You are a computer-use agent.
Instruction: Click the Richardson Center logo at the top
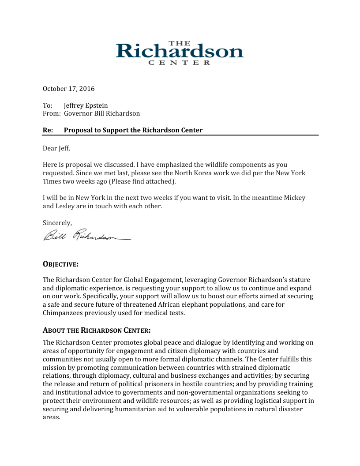point(180,53)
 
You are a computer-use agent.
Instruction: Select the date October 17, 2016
point(68,89)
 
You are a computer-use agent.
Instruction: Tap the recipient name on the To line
point(86,105)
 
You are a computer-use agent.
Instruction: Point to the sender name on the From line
point(102,113)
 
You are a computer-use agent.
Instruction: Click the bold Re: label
point(48,130)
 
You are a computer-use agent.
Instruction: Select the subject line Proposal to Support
point(133,130)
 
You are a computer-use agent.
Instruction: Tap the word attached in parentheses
point(161,181)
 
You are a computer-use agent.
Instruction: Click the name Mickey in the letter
point(295,198)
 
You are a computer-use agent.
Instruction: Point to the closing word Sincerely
point(57,223)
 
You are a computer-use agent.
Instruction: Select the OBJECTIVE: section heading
point(60,264)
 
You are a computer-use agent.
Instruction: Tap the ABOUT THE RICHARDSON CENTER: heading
point(97,331)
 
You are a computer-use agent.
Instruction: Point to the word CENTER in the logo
point(180,63)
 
